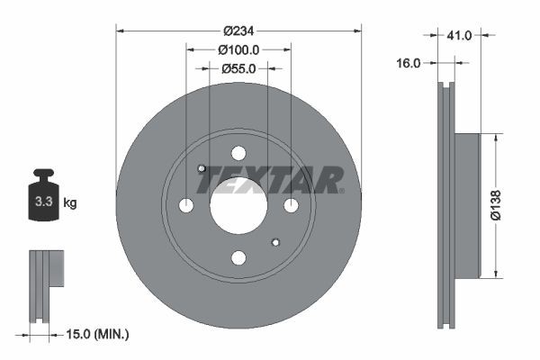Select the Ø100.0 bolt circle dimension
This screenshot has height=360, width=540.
coord(238,50)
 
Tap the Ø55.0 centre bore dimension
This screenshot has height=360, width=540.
coord(238,67)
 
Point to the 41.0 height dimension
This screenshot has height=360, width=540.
coord(459,36)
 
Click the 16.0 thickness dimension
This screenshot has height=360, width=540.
coord(409,63)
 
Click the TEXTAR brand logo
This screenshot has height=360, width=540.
coord(270,180)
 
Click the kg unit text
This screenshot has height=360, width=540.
coord(70,203)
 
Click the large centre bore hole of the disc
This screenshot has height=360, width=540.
coord(238,205)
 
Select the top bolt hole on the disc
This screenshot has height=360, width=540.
coord(238,153)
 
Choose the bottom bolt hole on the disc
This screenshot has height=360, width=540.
coord(238,258)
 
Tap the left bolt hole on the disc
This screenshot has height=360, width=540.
coord(186,205)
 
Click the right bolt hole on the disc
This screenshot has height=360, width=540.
coord(291,205)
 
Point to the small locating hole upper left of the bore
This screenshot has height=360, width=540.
coord(202,168)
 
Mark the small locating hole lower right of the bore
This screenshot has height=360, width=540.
coord(275,242)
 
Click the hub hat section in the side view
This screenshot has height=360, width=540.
coord(466,206)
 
